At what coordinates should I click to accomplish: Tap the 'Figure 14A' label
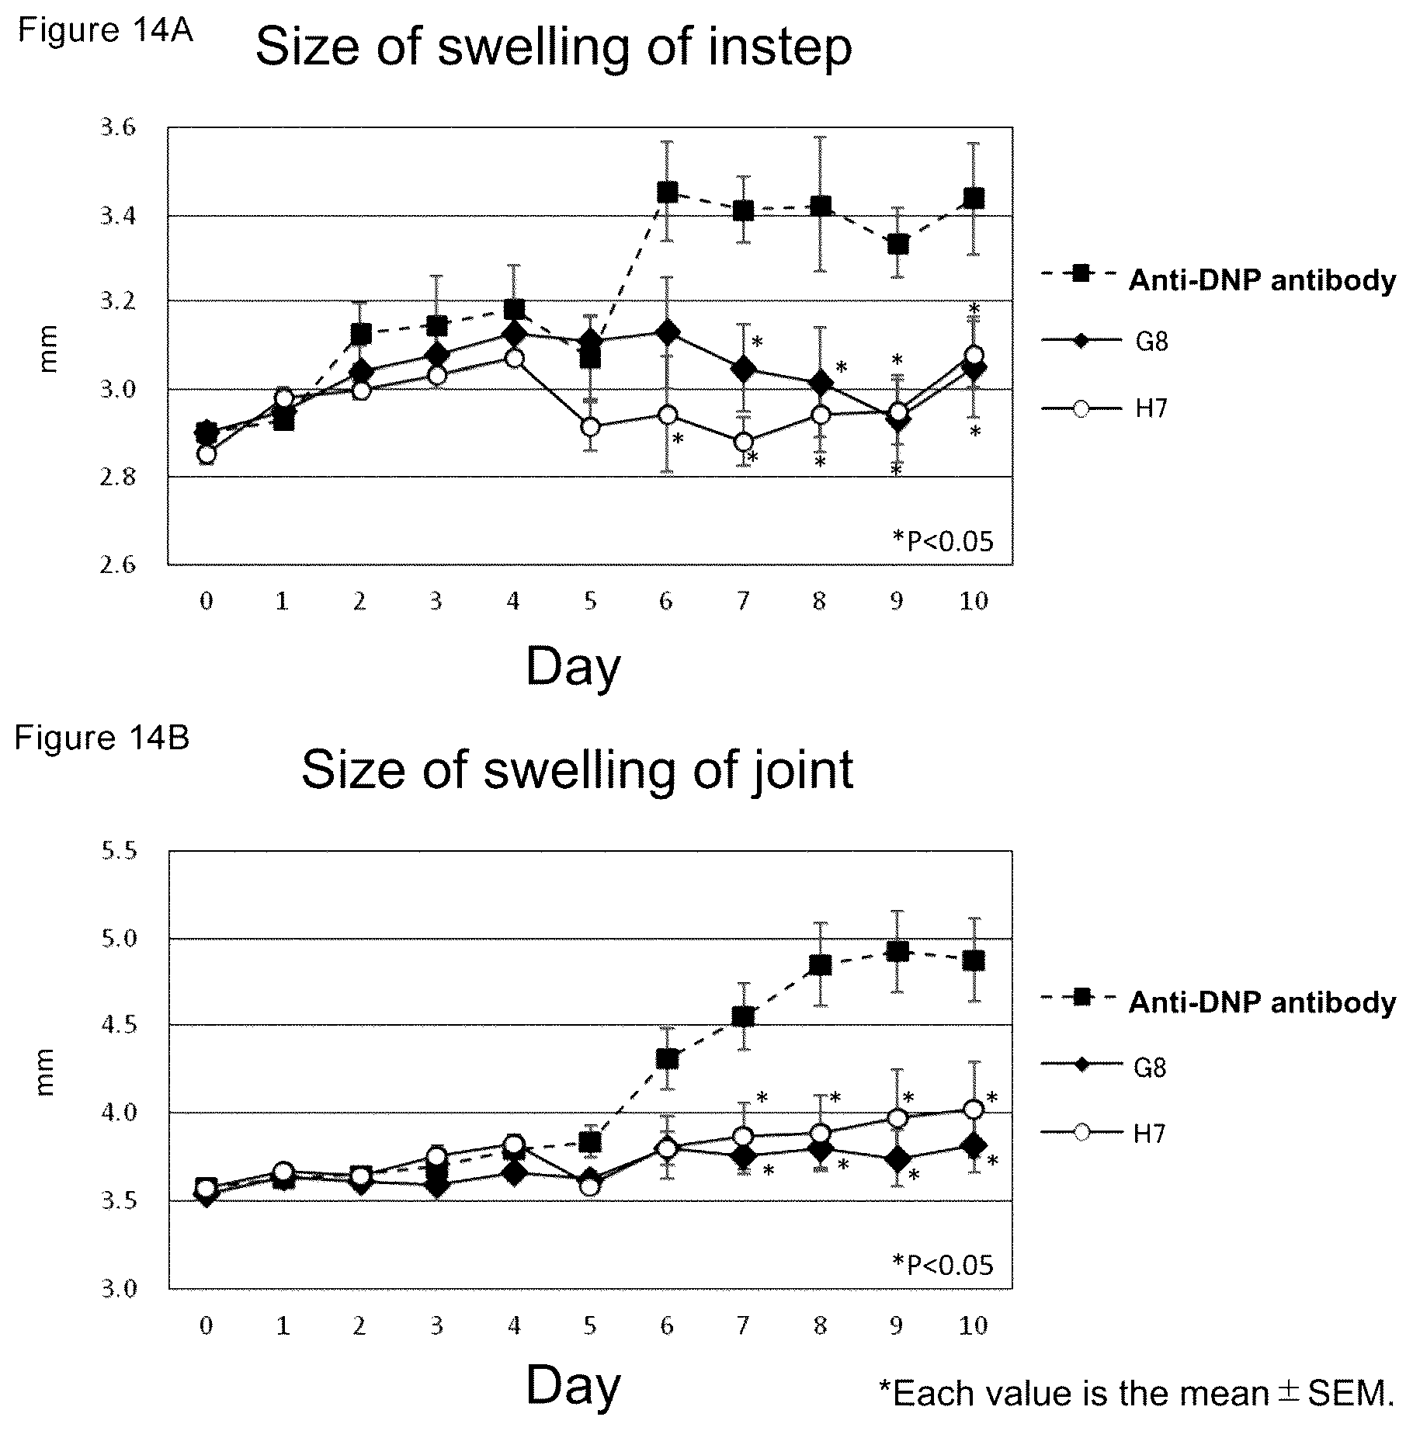(106, 30)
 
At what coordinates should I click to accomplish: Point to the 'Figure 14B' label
(102, 738)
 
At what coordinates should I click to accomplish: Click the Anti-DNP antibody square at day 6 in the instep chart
(667, 192)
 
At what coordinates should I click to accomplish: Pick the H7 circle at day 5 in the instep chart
(591, 427)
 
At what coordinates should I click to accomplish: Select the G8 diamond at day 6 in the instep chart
(667, 332)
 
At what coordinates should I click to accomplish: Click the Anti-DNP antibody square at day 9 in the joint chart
(897, 951)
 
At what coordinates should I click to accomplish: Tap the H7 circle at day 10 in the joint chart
(974, 1109)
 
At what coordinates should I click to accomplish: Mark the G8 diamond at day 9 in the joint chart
(897, 1159)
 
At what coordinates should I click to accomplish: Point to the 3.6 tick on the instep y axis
(118, 127)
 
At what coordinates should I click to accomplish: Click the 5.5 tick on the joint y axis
(118, 851)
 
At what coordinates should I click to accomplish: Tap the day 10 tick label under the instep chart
(974, 600)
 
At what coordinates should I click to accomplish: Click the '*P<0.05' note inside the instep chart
(943, 540)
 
